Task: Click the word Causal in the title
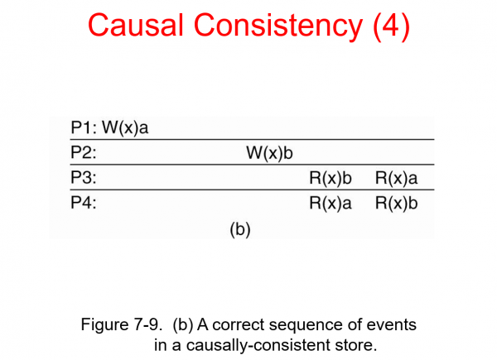[138, 26]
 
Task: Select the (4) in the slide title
[387, 26]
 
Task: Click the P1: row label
[84, 128]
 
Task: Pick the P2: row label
[83, 153]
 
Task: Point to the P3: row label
[83, 178]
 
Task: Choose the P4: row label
[83, 203]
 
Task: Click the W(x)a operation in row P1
[126, 128]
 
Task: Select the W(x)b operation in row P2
[269, 153]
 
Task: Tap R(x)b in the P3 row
[331, 178]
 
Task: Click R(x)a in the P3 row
[397, 178]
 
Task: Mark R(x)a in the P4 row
[331, 203]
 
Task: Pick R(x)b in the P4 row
[397, 203]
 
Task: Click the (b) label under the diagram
[239, 228]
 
